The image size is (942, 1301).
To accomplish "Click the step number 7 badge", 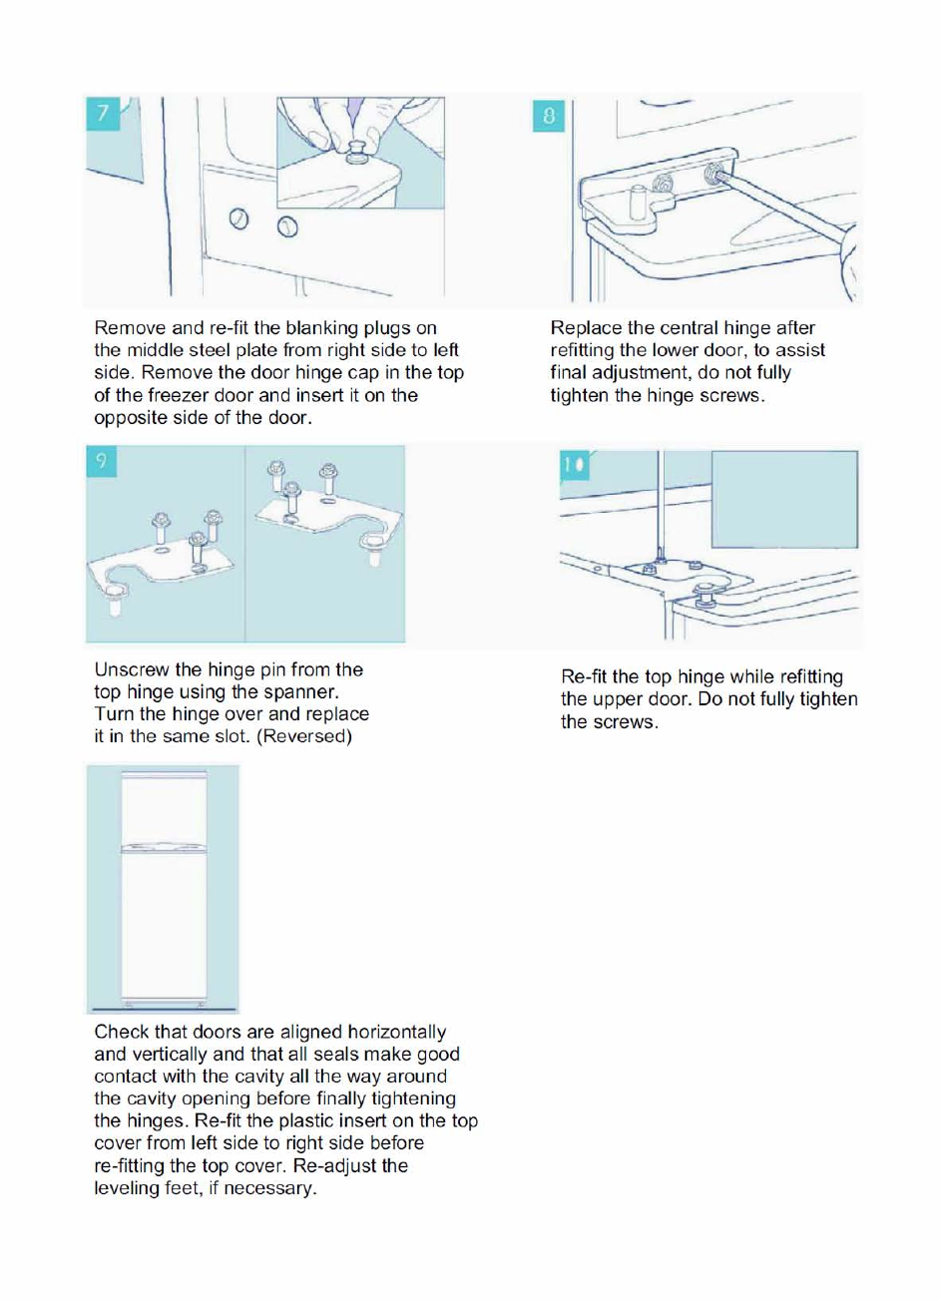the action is click(x=103, y=114).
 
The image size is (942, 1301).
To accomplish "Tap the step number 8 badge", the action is click(x=548, y=116).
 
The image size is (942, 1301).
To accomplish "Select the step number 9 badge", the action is click(x=101, y=461).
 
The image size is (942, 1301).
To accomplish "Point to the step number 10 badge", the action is click(x=575, y=466).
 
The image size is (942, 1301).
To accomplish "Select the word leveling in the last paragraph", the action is click(x=127, y=1188).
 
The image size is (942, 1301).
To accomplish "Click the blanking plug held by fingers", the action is click(x=357, y=153).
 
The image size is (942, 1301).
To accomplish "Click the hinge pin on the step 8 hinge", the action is click(x=639, y=203).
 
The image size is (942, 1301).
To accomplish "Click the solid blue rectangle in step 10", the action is click(x=784, y=500).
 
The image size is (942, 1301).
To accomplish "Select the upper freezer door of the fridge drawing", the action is click(x=165, y=808).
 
